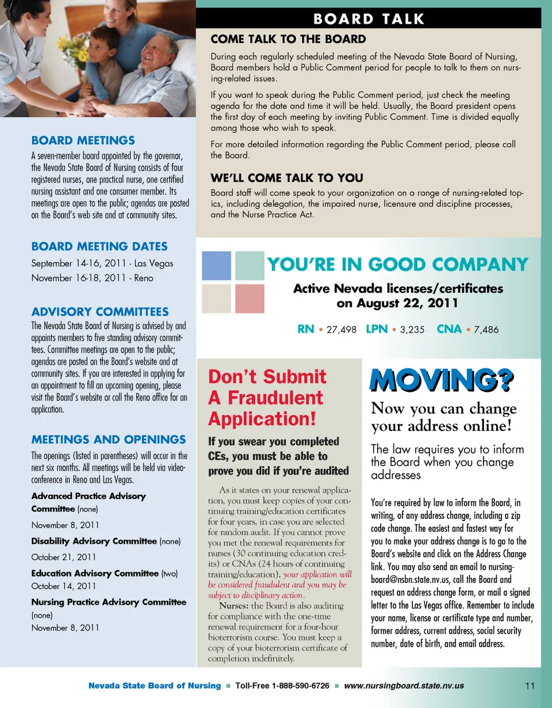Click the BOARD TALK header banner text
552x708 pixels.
(x=369, y=19)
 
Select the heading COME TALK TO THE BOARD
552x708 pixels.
(x=288, y=39)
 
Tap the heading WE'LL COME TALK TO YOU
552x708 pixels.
(x=287, y=178)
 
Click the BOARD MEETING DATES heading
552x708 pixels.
(x=99, y=247)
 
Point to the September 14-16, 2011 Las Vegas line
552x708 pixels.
(x=102, y=263)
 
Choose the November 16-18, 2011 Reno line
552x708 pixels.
(x=92, y=278)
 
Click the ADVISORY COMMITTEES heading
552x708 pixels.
(x=100, y=312)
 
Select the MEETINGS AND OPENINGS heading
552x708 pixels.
(x=108, y=440)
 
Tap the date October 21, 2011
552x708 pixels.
(x=63, y=557)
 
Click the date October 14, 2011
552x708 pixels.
(x=63, y=586)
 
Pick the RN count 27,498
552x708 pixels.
(x=342, y=330)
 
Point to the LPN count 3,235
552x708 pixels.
(x=412, y=330)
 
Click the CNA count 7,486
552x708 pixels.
(x=486, y=330)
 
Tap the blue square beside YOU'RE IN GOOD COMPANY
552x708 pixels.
(x=216, y=265)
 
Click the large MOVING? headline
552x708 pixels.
(x=442, y=381)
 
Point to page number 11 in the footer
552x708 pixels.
(x=530, y=686)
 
